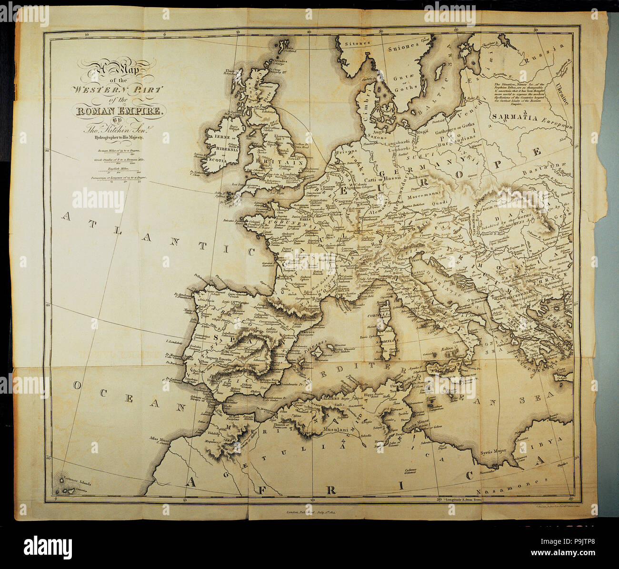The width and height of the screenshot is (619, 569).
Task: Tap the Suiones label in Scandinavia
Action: click(x=404, y=47)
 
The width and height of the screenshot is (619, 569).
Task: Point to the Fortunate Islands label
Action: click(x=76, y=482)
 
